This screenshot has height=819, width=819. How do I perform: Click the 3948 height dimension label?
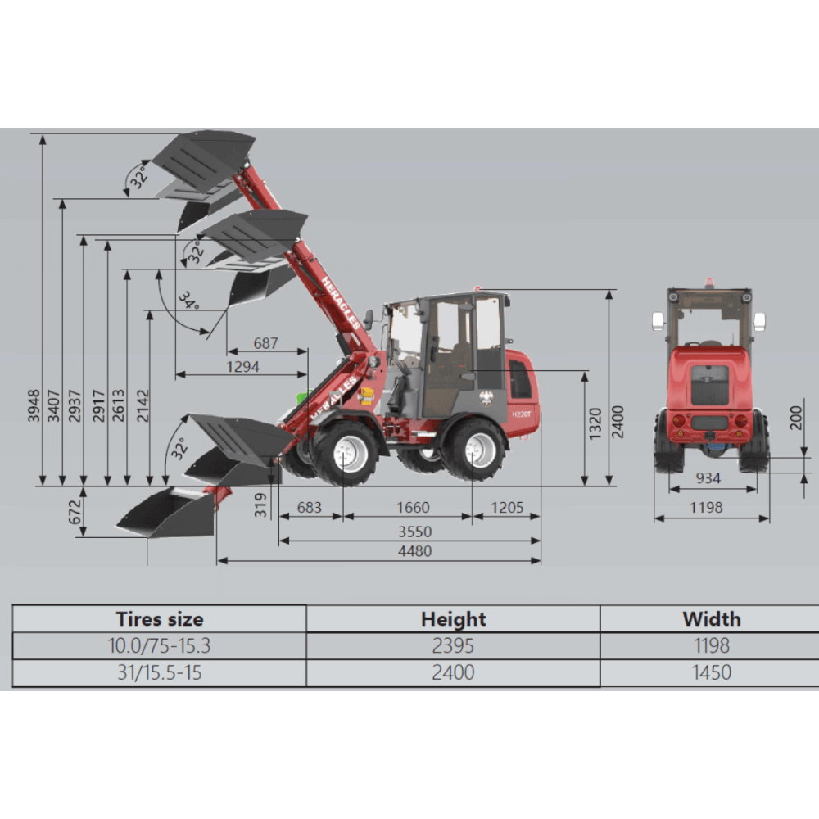click(34, 405)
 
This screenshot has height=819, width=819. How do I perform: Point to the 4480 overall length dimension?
click(414, 551)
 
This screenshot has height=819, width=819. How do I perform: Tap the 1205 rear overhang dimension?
click(507, 508)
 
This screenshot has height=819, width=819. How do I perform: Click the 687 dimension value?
click(265, 343)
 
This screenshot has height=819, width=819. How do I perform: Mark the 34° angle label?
click(189, 301)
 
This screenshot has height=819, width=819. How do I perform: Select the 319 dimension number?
click(261, 505)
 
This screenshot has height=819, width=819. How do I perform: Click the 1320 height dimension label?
click(595, 423)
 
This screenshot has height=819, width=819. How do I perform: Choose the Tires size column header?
click(160, 619)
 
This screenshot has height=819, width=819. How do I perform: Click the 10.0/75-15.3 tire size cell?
click(160, 646)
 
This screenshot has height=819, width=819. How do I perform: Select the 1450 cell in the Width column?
click(711, 673)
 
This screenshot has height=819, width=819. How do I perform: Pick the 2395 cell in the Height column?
click(453, 646)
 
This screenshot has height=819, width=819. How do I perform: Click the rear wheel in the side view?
click(474, 450)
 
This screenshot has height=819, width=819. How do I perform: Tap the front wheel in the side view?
click(345, 452)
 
